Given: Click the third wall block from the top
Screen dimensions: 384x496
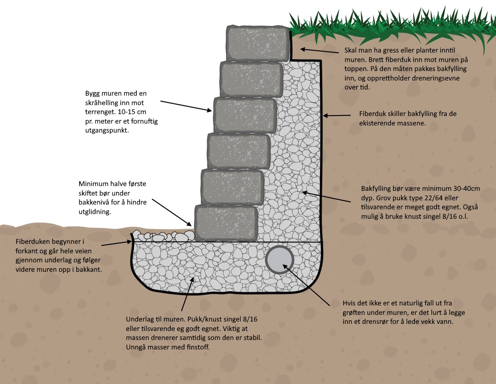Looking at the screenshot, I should coord(245,115).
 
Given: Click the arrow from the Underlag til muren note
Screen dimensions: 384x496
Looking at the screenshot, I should coord(186,294).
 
